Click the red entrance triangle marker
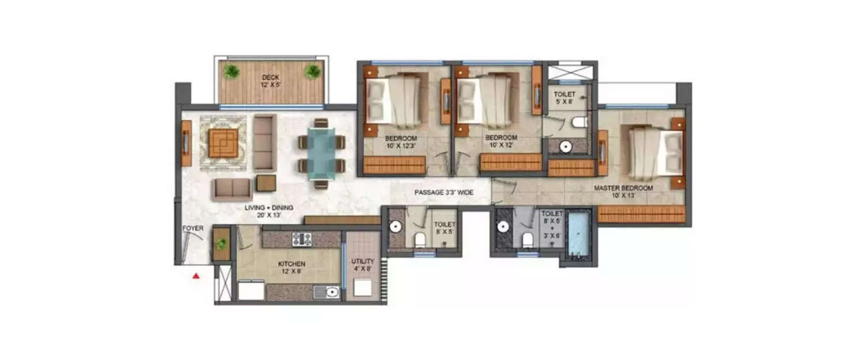tap(196, 276)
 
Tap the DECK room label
tap(271, 77)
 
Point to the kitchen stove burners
tap(301, 239)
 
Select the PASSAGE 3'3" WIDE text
tap(444, 193)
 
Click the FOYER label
tap(193, 229)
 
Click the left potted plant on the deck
tap(232, 71)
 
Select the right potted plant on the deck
tap(313, 71)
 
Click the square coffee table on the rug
tap(223, 142)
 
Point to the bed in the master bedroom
tap(654, 151)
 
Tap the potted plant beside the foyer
tap(221, 244)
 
